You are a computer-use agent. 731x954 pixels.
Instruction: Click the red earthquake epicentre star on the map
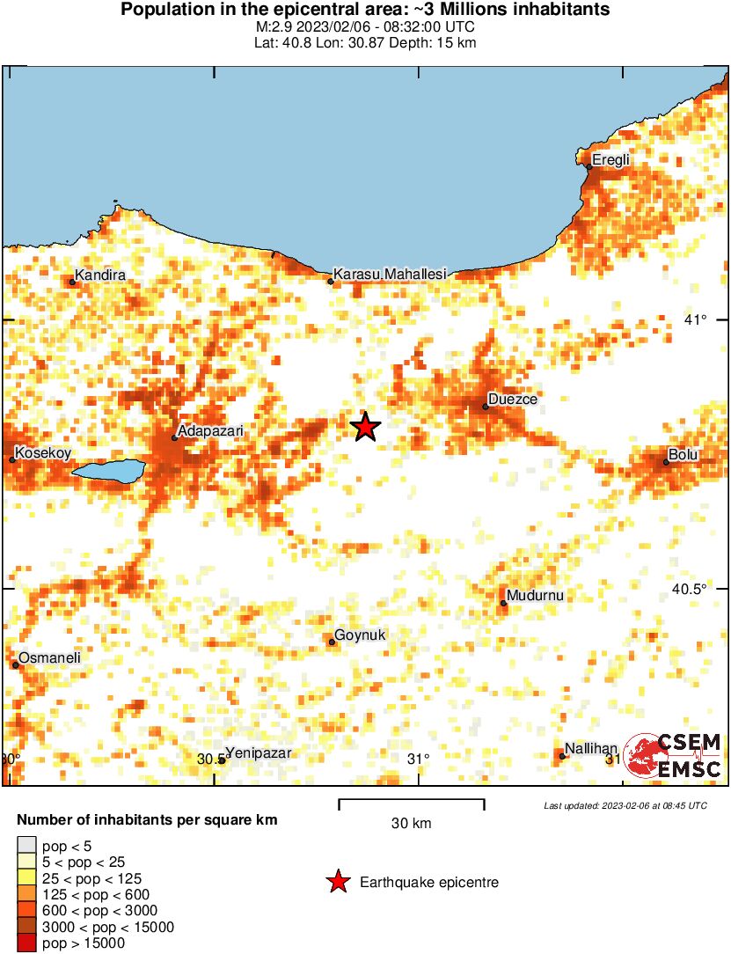click(x=365, y=427)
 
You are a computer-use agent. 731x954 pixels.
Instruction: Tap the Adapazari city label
click(x=210, y=431)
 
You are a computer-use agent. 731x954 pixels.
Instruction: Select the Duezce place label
click(x=513, y=400)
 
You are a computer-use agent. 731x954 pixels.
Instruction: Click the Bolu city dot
click(x=666, y=462)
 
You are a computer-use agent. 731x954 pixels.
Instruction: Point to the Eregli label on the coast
click(x=610, y=159)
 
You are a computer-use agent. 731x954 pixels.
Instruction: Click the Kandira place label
click(x=100, y=275)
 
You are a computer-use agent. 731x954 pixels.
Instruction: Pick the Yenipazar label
click(x=258, y=752)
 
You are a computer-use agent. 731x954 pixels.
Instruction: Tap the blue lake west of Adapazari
click(x=108, y=471)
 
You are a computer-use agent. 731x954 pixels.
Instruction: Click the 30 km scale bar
click(x=411, y=801)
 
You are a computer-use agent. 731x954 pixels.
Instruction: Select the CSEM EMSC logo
click(x=673, y=756)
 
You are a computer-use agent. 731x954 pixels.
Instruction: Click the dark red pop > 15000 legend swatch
click(x=26, y=943)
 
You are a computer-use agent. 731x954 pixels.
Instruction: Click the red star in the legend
click(x=338, y=882)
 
